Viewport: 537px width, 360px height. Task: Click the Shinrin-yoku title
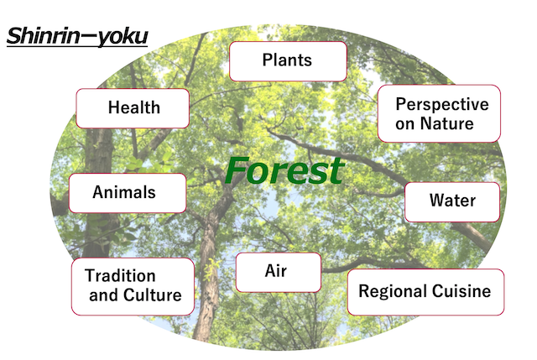coord(77,36)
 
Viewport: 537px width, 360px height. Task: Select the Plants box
coord(288,61)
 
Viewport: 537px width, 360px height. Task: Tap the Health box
coord(133,108)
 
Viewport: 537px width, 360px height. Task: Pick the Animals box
coord(128,193)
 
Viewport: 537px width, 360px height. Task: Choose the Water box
coord(452,202)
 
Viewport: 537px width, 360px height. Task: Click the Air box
coord(279,273)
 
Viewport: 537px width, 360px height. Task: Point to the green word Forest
coord(284,170)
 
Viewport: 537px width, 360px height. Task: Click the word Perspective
coord(442,104)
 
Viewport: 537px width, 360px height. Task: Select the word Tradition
coord(120,276)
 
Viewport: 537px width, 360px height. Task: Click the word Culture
coord(153,295)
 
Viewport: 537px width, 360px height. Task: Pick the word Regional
coord(393,291)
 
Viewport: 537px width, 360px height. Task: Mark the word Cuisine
coord(461,291)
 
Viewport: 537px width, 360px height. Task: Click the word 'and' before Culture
coord(104,295)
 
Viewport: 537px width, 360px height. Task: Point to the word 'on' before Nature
coord(405,124)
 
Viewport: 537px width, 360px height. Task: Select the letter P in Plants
coord(268,60)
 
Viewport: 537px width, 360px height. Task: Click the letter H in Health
coord(114,107)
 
